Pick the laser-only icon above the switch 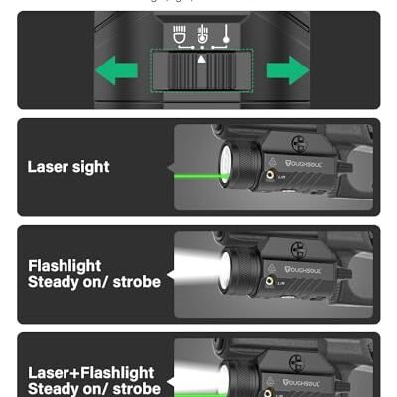(227, 36)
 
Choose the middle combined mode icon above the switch (203, 36)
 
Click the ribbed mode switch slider (202, 73)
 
